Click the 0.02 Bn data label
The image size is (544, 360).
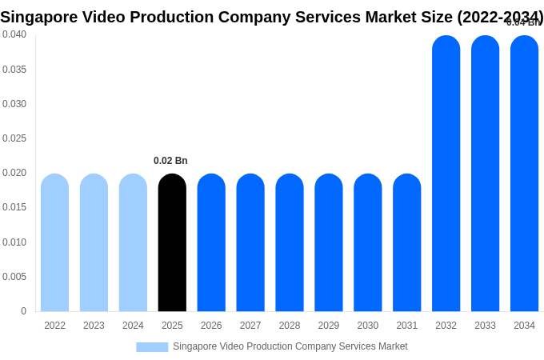[170, 161]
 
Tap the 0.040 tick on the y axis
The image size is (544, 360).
[14, 34]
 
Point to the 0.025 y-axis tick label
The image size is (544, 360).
[14, 138]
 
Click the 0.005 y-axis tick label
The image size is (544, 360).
[14, 277]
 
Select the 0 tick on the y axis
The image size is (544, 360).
[23, 311]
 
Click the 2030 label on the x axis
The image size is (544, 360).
[368, 326]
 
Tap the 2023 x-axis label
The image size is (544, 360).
[94, 326]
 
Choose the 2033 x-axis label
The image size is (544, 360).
[485, 326]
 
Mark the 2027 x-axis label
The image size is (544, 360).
[250, 326]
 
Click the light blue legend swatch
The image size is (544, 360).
[152, 347]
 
